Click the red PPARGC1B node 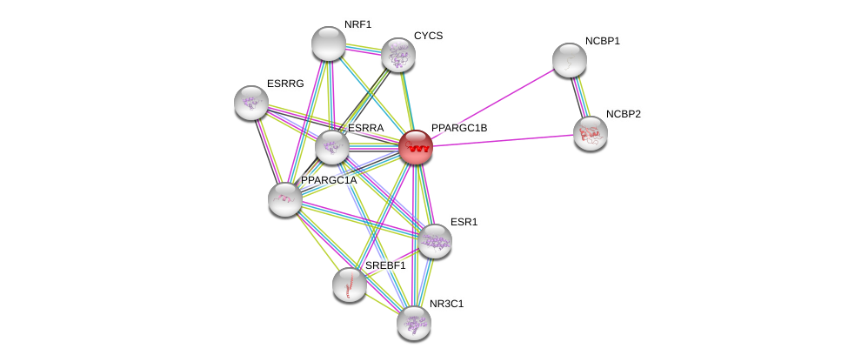[x=416, y=147]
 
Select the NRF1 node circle [x=329, y=44]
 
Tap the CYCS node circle [x=398, y=55]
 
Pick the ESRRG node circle [x=251, y=103]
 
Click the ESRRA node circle [x=332, y=147]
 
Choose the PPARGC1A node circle [x=285, y=199]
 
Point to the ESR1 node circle [x=434, y=241]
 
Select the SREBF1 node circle [x=350, y=285]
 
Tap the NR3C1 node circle [x=414, y=323]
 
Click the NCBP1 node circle [x=570, y=60]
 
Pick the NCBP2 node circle [x=591, y=133]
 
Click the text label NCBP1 [x=602, y=41]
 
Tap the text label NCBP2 [x=623, y=114]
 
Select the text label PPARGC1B [x=459, y=128]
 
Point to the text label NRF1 [x=357, y=24]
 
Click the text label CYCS [x=428, y=36]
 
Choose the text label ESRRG [x=285, y=84]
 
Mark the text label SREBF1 [x=385, y=265]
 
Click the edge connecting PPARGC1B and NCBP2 [x=504, y=140]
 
